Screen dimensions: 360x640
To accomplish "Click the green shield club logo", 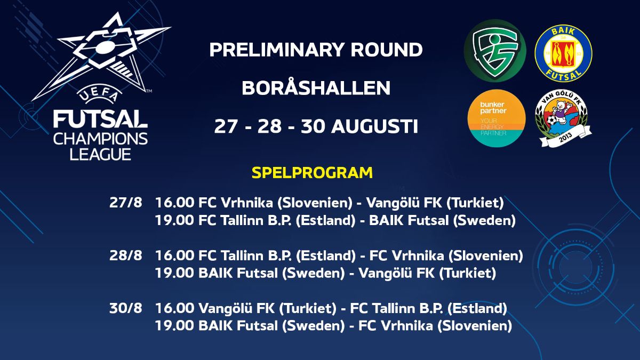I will coord(495,51).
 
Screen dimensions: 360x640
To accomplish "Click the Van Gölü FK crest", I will coord(563,118).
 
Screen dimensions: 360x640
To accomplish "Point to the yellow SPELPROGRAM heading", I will coord(312,173).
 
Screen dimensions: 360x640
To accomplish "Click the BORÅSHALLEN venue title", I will coord(316,88).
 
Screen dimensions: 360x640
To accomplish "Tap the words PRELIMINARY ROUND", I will coord(316,50).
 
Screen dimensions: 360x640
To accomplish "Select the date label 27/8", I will coord(124,203).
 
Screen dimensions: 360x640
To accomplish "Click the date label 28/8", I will coord(124,256).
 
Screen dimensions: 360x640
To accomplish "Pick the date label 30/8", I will coord(124,308).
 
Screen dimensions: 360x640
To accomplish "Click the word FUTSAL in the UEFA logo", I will coord(100,119).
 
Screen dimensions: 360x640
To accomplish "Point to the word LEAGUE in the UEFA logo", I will coord(100,154).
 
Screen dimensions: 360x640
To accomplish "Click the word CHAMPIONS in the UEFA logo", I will coord(100,139).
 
